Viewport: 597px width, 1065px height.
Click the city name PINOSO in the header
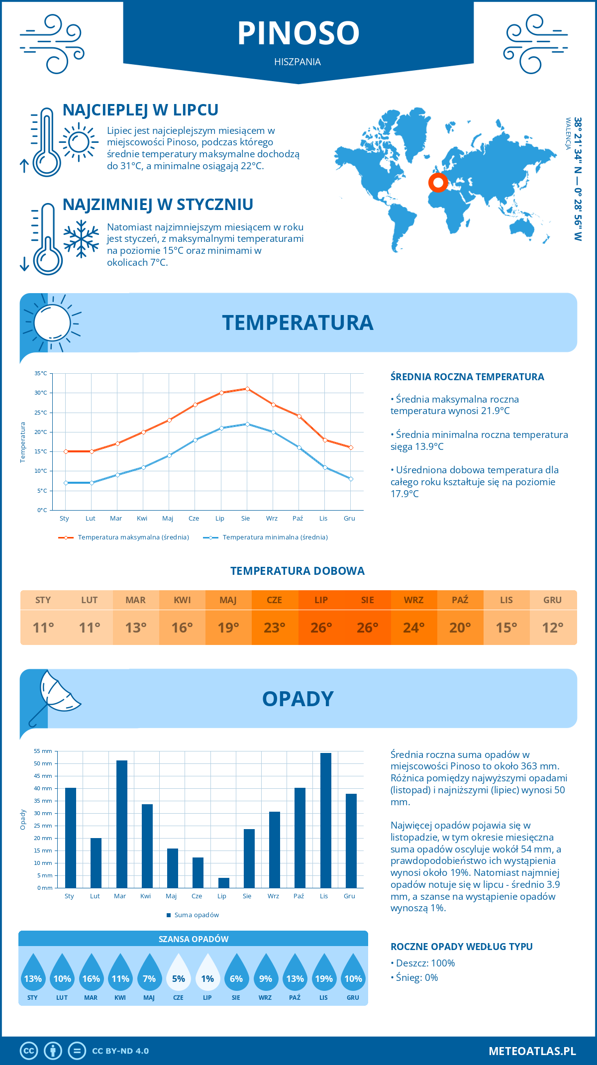298,33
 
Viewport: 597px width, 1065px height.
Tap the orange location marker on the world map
438,183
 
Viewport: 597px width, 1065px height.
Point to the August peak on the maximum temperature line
247,389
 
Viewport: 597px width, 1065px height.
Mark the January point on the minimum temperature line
66,483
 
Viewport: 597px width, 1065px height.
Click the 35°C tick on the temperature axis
41,373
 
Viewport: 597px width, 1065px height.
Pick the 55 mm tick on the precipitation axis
43,751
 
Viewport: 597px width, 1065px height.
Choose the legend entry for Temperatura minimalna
266,537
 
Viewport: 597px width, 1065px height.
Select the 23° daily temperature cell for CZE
275,628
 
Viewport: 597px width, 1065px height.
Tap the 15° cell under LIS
506,628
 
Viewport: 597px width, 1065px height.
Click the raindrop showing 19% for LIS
324,973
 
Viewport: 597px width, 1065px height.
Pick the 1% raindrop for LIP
207,973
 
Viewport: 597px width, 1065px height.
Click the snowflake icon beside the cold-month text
81,239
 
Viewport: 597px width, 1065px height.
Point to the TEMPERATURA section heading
298,322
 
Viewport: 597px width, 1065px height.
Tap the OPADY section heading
298,699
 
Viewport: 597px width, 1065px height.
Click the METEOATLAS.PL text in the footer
532,1051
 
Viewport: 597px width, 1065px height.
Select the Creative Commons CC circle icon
29,1051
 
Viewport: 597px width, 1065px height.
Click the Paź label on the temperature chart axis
298,519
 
